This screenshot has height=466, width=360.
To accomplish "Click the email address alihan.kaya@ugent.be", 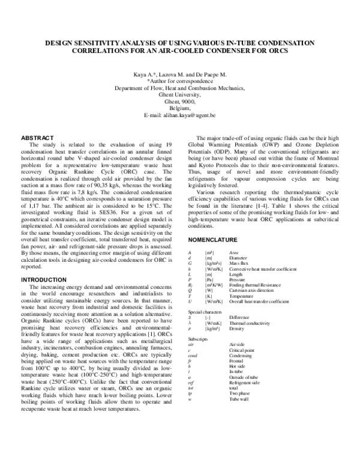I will coord(180,115).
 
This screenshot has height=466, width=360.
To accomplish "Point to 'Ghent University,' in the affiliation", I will coord(180,95).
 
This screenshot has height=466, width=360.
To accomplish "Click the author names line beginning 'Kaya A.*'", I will coord(180,74).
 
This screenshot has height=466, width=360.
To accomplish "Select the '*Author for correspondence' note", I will coord(180,81).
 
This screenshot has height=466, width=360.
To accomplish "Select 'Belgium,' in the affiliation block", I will coord(180,108).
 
